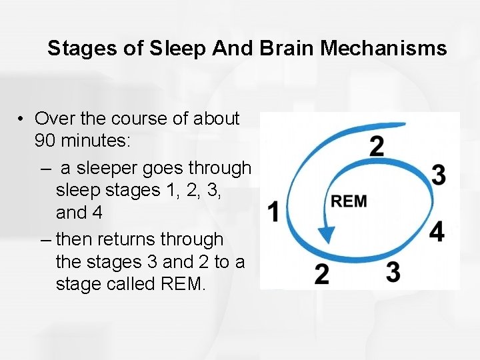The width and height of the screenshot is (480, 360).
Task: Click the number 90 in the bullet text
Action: [45, 142]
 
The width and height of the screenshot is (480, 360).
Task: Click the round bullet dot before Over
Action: [22, 119]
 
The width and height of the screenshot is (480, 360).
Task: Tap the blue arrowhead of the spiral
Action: [326, 234]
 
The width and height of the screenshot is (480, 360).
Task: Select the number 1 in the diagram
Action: [273, 213]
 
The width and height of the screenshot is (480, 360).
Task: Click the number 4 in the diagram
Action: [437, 232]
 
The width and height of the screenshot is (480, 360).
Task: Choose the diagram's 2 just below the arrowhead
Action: [321, 274]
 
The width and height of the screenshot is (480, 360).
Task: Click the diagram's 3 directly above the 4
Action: [438, 175]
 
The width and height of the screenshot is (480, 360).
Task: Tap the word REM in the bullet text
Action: [183, 285]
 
